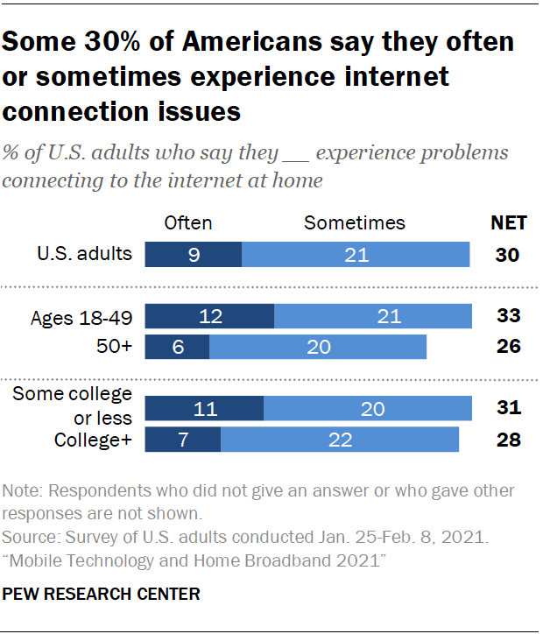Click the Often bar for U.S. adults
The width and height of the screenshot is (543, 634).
coord(193,255)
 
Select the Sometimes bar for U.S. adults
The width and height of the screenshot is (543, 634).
coord(356,255)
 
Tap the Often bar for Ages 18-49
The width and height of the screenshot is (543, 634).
coord(209,316)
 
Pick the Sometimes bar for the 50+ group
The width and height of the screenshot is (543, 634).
coord(318,347)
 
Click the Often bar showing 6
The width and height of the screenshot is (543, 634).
coord(177,347)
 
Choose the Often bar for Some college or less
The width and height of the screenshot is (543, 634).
coord(204,408)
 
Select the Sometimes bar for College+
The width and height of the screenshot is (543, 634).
coord(340,439)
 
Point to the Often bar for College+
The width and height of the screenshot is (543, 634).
coord(182,439)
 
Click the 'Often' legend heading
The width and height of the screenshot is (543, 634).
coord(188,222)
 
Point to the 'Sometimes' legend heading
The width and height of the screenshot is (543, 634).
coord(355,222)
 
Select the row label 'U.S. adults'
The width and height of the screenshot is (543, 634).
coord(84,255)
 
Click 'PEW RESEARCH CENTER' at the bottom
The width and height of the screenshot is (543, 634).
coord(102,595)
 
